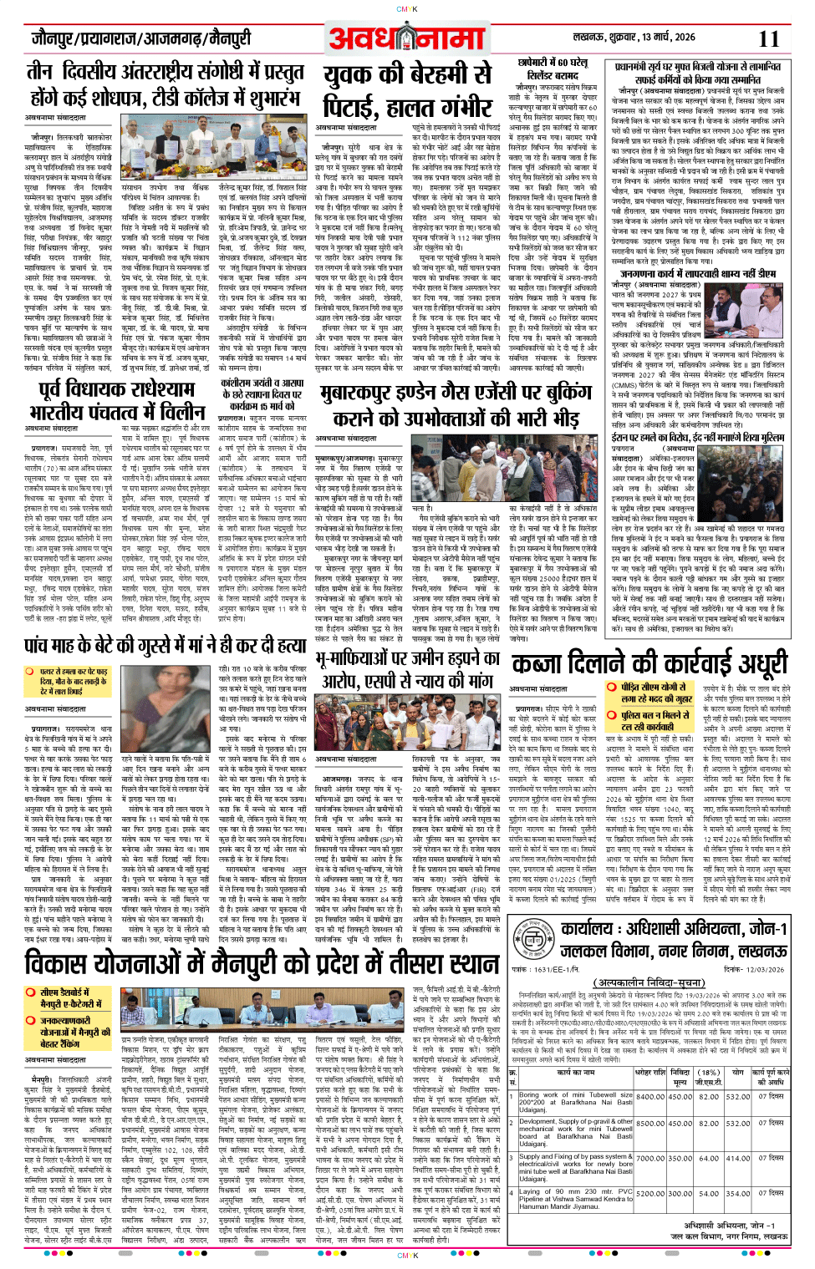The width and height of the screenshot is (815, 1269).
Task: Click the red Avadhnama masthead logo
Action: click(x=406, y=38)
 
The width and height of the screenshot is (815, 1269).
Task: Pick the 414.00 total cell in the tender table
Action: click(x=737, y=1158)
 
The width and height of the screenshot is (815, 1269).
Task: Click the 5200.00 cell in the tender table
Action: click(x=649, y=1193)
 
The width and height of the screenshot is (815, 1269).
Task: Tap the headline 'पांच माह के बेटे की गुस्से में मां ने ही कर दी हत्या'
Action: click(x=165, y=645)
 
